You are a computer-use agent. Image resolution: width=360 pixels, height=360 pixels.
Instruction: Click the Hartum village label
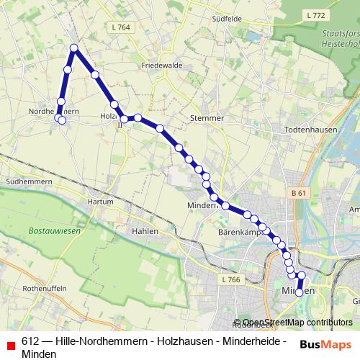pos(99,202)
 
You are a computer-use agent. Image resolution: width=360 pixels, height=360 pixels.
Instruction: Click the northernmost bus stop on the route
pos(74,48)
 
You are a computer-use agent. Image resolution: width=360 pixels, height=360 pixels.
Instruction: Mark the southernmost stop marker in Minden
pos(299,292)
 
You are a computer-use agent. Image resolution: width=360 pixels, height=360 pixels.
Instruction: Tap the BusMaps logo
pos(325,344)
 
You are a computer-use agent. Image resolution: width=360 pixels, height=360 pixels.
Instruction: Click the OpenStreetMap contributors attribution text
pos(297,323)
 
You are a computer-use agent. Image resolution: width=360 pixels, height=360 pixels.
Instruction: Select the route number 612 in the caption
pos(30,341)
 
